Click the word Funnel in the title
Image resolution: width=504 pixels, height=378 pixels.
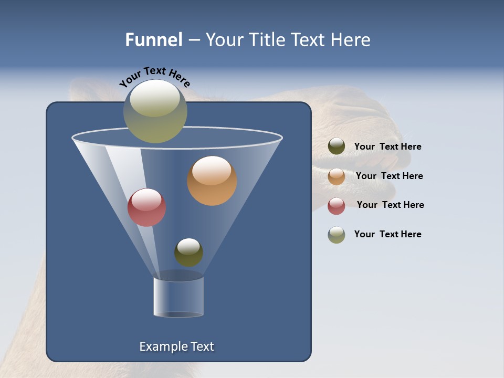click(x=154, y=40)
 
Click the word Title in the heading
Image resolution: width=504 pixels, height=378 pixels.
click(x=266, y=40)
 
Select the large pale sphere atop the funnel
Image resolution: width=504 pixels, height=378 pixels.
click(x=155, y=111)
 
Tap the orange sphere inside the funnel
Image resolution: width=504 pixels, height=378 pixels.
click(x=212, y=180)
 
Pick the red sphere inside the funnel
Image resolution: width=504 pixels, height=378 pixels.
click(x=146, y=207)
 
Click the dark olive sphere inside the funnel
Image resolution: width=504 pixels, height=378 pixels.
click(x=188, y=252)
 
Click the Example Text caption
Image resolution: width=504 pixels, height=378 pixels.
click(x=176, y=346)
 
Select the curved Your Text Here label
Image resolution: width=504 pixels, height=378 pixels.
click(x=154, y=77)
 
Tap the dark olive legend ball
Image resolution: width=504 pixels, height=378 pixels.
click(x=337, y=146)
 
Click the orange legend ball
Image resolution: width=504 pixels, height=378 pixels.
click(x=337, y=176)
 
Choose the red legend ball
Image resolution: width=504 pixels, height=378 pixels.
click(x=337, y=206)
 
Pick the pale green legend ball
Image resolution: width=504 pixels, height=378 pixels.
click(x=337, y=235)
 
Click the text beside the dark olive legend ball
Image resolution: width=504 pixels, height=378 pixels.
click(x=387, y=147)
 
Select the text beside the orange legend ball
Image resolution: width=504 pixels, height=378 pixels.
click(x=389, y=176)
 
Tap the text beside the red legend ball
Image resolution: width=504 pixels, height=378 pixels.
click(x=390, y=205)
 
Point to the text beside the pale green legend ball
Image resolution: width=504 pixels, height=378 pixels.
click(x=387, y=234)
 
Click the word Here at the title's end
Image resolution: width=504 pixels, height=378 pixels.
click(x=351, y=40)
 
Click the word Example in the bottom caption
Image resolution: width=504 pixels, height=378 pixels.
click(x=161, y=346)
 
